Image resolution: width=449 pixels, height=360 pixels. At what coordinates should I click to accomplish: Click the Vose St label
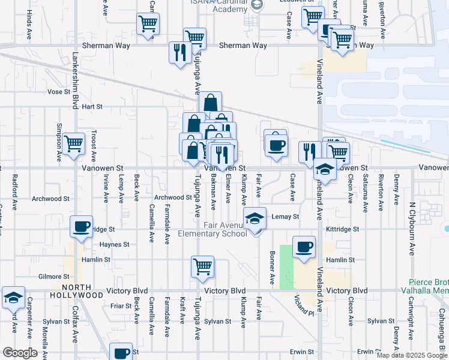59,92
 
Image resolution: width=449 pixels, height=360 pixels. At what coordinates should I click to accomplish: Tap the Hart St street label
92,106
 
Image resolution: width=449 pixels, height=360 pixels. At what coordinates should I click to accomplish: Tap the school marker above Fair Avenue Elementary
255,218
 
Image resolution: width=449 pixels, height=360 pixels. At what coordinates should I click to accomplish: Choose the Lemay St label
285,217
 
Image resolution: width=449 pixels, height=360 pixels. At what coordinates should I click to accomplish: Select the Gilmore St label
50,276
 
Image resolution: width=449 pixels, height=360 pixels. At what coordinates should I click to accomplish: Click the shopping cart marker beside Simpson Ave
73,144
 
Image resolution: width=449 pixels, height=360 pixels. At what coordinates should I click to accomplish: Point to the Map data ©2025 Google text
411,355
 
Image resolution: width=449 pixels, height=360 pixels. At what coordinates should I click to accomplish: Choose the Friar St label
121,305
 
